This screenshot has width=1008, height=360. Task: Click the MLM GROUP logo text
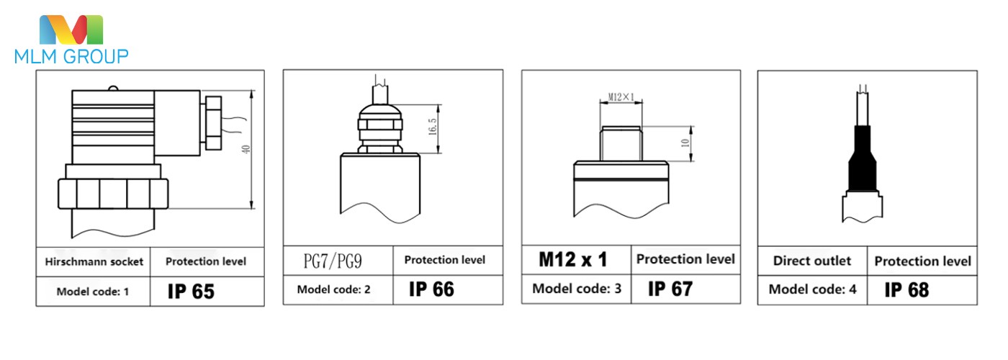tap(71, 56)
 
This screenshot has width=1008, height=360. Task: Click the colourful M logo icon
tap(71, 30)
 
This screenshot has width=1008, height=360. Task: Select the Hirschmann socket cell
tap(94, 261)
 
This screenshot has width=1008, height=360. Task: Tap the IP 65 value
tap(191, 291)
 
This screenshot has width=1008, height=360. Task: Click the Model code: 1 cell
tap(93, 292)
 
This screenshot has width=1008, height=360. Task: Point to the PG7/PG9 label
tap(333, 261)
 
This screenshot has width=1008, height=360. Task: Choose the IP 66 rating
tap(431, 289)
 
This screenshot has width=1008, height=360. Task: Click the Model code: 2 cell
tap(333, 289)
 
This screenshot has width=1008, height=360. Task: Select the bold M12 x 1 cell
tap(573, 259)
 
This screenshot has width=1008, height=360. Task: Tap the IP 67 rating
tap(670, 289)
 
